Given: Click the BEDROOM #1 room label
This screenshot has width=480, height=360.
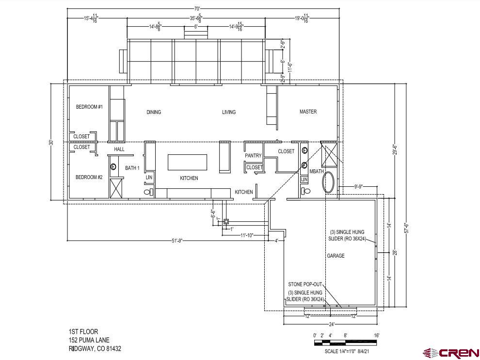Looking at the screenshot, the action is click(89, 107).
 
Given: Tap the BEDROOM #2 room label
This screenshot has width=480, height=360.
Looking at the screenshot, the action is click(89, 177).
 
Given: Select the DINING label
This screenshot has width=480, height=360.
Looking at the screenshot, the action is click(154, 112).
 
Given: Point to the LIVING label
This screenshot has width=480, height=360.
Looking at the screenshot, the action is click(229, 112).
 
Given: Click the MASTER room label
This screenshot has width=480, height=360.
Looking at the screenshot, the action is click(308, 112).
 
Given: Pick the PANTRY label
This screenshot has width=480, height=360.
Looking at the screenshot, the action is click(253, 156).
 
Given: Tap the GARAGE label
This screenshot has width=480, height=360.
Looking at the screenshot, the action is click(336, 256).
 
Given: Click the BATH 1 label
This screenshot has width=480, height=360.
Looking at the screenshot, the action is click(132, 168).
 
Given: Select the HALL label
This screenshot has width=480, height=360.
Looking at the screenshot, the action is click(119, 149).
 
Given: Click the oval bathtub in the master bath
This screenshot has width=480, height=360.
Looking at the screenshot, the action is click(328, 182).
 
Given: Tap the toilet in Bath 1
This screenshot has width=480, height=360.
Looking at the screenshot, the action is click(149, 192).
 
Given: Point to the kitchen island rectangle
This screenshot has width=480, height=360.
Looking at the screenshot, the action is click(187, 162).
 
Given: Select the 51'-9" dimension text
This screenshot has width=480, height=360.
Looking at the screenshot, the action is click(176, 241).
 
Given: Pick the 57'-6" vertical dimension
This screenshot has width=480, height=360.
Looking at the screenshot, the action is click(406, 228).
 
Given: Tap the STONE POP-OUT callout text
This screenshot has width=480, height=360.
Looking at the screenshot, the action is click(305, 285).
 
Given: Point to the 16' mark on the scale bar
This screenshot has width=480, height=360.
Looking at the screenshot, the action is click(376, 335).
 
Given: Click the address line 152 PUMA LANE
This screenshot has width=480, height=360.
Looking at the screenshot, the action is click(89, 340).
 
